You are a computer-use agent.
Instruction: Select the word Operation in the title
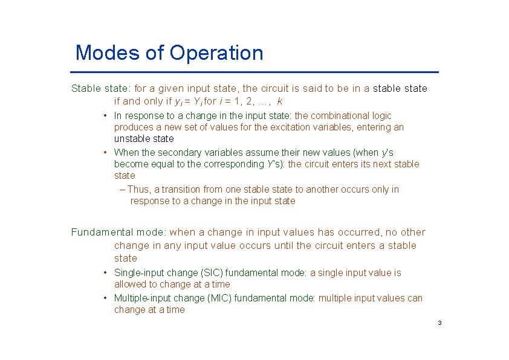pyautogui.click(x=216, y=53)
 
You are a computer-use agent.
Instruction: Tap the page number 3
pyautogui.click(x=439, y=323)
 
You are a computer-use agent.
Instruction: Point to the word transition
pyautogui.click(x=183, y=190)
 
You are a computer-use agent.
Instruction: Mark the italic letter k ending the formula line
pyautogui.click(x=279, y=101)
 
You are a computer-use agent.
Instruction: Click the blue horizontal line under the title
pyautogui.click(x=254, y=72)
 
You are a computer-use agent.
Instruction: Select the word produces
pyautogui.click(x=134, y=127)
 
